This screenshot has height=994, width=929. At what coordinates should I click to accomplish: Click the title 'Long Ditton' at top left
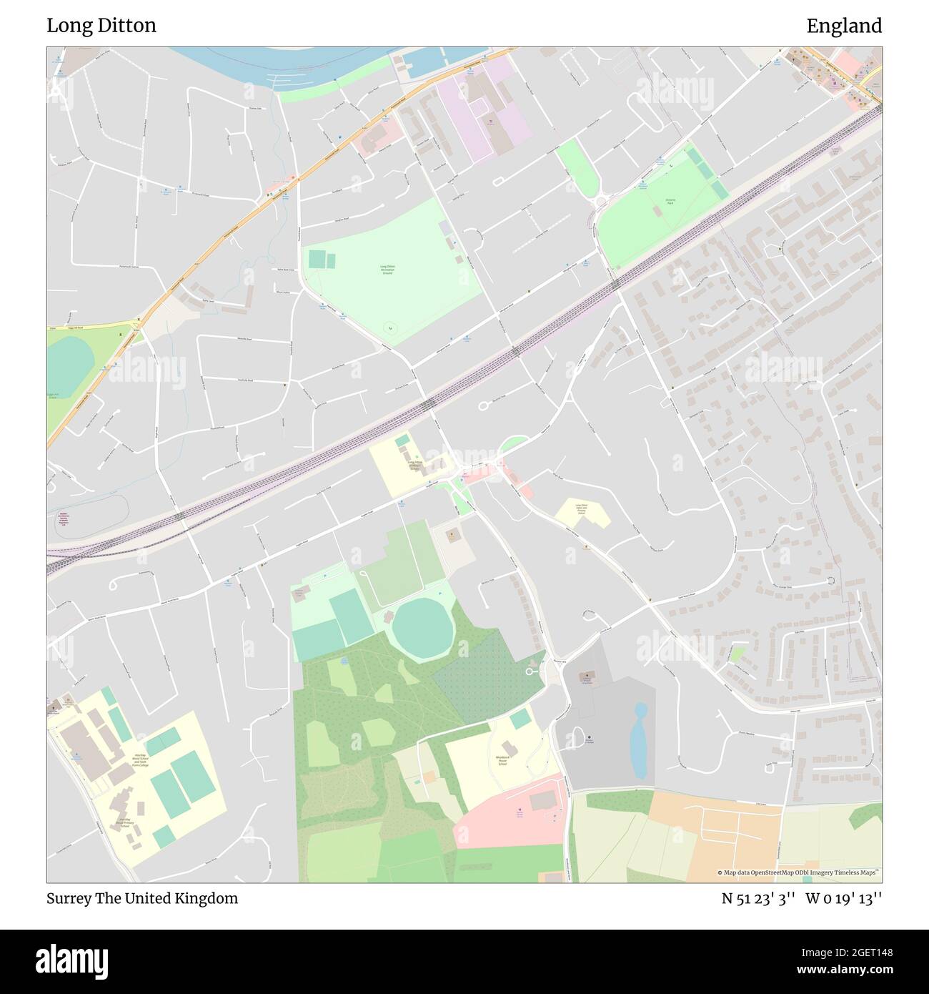point(101,26)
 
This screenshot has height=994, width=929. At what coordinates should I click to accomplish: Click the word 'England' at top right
point(844,26)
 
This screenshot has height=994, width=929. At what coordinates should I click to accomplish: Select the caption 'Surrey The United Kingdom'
point(142,898)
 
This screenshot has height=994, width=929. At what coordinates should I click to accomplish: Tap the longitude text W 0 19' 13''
point(844,898)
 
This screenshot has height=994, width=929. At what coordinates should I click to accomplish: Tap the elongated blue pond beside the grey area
point(640,740)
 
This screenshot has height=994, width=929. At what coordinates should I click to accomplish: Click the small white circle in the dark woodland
point(530,671)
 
